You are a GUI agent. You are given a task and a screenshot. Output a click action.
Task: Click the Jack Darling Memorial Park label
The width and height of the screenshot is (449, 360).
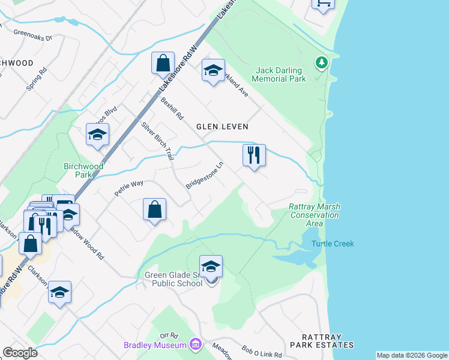click(x=279, y=74)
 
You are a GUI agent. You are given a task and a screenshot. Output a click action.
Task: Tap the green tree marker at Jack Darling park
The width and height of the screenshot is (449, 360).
click(x=322, y=62)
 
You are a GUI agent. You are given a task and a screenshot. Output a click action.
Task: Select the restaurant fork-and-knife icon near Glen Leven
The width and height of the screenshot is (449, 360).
click(x=254, y=155)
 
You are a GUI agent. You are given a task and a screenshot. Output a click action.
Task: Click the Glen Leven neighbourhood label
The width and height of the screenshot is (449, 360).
click(x=222, y=127)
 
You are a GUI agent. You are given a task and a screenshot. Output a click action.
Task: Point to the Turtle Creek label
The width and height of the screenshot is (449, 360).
click(x=333, y=244)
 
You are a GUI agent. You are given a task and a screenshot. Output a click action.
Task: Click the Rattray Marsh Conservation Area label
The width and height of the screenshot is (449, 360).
click(x=314, y=215)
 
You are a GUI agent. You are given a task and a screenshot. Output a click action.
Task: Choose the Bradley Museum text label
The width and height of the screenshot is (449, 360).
click(x=155, y=345)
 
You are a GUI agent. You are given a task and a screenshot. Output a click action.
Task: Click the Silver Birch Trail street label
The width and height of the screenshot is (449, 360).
click(x=157, y=141)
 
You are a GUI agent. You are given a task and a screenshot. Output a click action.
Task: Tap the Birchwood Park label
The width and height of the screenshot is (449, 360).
click(x=84, y=170)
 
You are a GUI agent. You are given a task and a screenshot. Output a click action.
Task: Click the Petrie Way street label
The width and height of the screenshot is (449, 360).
click(x=129, y=189)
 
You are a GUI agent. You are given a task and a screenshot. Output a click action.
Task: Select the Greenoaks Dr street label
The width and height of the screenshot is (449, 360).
click(x=33, y=36)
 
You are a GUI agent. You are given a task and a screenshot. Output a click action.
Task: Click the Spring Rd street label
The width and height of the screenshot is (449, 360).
click(x=37, y=79)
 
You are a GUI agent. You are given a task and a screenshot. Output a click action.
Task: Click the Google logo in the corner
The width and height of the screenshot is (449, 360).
click(x=20, y=353)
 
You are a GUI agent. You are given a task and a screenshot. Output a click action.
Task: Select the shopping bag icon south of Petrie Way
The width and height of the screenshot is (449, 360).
click(x=154, y=210)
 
